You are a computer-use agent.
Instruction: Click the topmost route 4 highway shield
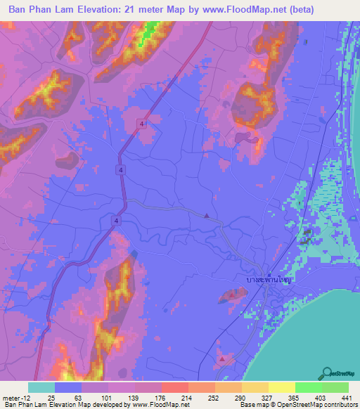tap(143, 124)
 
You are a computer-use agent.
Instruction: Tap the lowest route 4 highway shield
tap(115, 221)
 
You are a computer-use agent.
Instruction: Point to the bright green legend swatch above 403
tap(308, 387)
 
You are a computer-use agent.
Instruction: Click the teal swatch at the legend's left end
tap(41, 387)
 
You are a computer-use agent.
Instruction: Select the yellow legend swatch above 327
tap(255, 387)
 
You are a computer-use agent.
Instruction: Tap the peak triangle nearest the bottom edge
tap(222, 359)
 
